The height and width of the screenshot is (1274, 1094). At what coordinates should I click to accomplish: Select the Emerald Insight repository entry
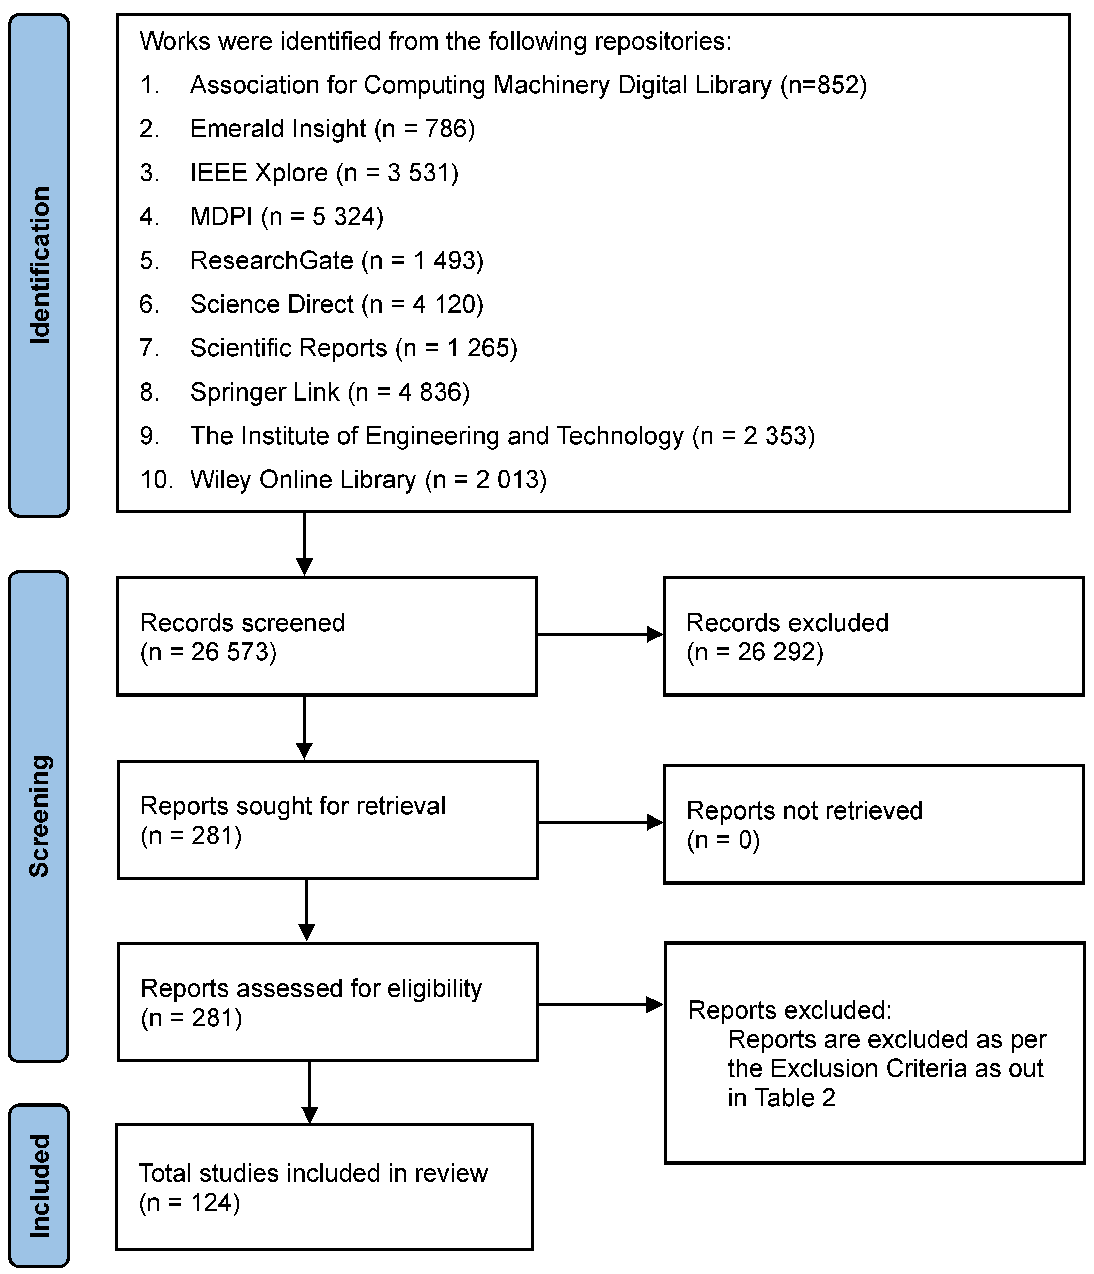[x=332, y=129]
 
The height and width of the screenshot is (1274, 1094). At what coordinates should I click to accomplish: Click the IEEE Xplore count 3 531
[x=422, y=173]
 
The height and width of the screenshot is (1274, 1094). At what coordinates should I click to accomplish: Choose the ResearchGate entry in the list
[x=336, y=261]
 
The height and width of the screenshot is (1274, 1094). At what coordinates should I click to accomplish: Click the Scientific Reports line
[x=353, y=348]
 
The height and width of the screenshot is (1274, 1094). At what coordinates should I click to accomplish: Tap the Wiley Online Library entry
[x=368, y=480]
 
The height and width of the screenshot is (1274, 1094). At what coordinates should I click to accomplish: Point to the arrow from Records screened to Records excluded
[x=600, y=635]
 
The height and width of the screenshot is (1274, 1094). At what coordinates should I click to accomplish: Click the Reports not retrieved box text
[x=804, y=810]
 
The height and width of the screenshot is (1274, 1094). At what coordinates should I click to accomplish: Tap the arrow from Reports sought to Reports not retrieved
[x=600, y=822]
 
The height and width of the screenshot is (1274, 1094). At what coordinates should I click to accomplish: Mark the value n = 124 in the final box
[x=189, y=1203]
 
